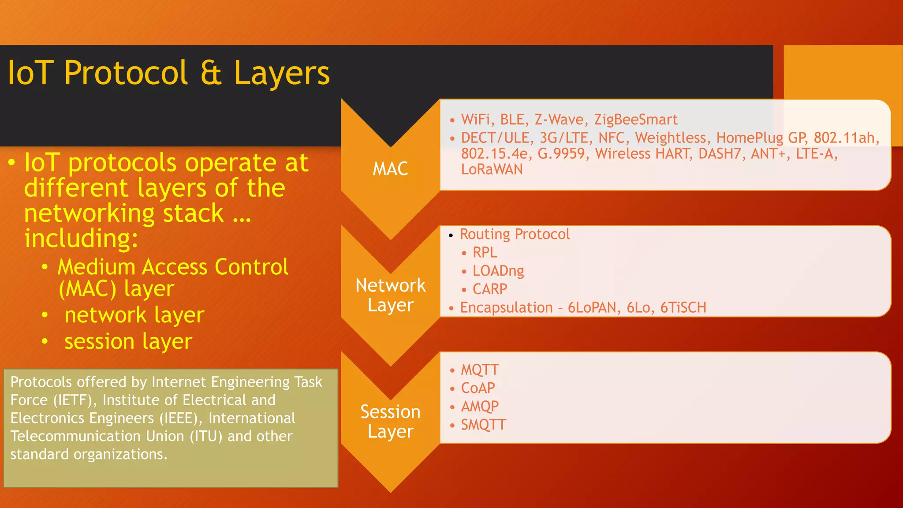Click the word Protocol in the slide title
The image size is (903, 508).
pos(126,73)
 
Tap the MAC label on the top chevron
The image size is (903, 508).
pos(390,169)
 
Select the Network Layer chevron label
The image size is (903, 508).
pos(391,295)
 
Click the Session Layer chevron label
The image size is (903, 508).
pos(391,421)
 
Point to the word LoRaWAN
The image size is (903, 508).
pos(492,169)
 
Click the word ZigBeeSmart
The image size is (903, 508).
pos(635,120)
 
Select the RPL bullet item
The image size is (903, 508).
pos(485,253)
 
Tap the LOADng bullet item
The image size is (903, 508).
pos(498,271)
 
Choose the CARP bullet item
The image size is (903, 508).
pos(490,289)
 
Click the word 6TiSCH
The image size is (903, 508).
pos(683,307)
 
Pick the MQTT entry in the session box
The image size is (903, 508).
pos(480,370)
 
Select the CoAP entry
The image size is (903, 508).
pos(478,388)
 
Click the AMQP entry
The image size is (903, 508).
pos(480,406)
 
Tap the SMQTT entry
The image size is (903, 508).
pos(483,425)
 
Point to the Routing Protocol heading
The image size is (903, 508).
pos(515,234)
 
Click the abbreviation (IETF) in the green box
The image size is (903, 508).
pos(75,400)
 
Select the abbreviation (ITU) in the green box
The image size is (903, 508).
pos(206,437)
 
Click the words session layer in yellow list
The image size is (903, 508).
pos(128,341)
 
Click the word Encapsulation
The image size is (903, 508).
pos(506,307)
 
